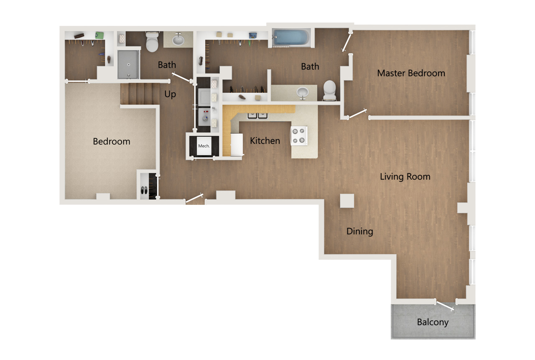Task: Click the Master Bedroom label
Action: click(411, 73)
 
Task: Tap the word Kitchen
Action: click(265, 141)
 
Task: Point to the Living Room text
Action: click(405, 177)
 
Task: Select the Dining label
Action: click(359, 231)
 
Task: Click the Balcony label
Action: click(433, 322)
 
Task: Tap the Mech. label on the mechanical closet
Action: click(204, 146)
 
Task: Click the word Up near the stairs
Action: click(170, 94)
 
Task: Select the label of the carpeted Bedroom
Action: click(112, 142)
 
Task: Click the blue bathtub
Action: click(291, 38)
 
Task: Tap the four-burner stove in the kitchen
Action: click(299, 135)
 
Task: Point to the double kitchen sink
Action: click(258, 115)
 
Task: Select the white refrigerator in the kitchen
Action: click(237, 144)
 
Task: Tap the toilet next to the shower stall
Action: click(152, 42)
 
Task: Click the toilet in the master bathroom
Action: click(330, 90)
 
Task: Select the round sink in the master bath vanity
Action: click(303, 91)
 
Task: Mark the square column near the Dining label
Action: click(347, 201)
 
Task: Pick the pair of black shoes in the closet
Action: click(144, 190)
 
